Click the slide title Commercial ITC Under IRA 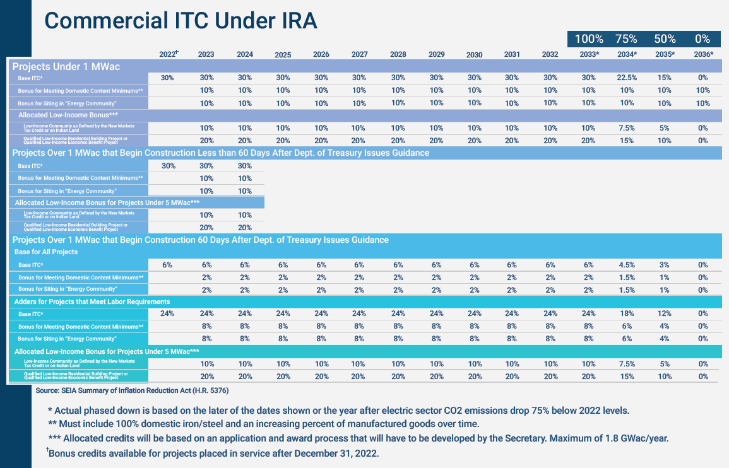click(x=180, y=20)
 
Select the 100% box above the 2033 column click(x=590, y=38)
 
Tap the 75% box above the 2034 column click(x=626, y=38)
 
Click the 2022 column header click(x=168, y=54)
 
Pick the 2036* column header click(x=702, y=54)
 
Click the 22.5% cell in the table click(x=627, y=78)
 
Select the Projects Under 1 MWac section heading click(x=66, y=66)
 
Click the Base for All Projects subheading click(x=46, y=252)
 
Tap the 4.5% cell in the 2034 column click(x=627, y=265)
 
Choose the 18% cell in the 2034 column click(x=627, y=313)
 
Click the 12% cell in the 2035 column click(x=665, y=313)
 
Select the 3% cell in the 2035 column click(x=665, y=265)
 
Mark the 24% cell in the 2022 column click(x=167, y=313)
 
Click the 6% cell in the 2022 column click(x=167, y=265)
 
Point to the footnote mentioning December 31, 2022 click(x=213, y=453)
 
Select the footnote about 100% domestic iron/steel click(x=264, y=423)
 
